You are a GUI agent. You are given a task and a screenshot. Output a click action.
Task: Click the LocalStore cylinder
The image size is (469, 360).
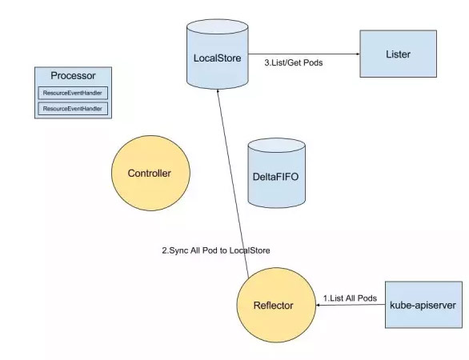[218, 54]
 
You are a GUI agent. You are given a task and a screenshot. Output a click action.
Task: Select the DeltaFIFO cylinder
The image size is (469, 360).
[277, 173]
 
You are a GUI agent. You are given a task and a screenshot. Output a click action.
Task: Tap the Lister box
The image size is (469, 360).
[398, 54]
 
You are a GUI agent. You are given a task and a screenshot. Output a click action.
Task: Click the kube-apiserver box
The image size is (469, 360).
[423, 305]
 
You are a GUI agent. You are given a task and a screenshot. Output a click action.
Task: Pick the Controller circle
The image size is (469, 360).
[150, 173]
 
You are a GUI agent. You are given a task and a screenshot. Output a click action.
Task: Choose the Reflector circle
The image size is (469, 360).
[276, 305]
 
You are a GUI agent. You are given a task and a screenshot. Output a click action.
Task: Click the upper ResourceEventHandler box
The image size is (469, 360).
[73, 93]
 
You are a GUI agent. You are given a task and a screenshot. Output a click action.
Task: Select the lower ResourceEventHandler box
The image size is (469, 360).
[73, 109]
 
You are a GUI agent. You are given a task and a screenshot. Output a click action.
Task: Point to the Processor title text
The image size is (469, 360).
[73, 76]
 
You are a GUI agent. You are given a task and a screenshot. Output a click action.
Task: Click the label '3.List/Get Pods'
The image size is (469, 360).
[294, 62]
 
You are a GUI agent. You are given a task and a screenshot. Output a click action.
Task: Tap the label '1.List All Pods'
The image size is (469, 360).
[350, 298]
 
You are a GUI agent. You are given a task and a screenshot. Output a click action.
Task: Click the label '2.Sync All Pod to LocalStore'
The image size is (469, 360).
[216, 250]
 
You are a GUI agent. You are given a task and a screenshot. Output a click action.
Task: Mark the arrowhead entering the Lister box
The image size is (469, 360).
[358, 54]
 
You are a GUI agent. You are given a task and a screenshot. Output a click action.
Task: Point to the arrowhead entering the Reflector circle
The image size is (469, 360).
[319, 305]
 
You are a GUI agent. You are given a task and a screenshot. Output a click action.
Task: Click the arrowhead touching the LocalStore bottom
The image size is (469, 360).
[218, 91]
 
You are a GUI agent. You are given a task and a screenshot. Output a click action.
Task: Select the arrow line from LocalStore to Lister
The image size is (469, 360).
[304, 54]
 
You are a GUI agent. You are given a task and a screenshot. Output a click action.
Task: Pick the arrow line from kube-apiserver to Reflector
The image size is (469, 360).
[351, 305]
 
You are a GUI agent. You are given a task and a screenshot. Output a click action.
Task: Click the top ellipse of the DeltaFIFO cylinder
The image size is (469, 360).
[277, 146]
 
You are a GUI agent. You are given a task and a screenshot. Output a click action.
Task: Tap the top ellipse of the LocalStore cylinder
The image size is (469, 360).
[218, 26]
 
